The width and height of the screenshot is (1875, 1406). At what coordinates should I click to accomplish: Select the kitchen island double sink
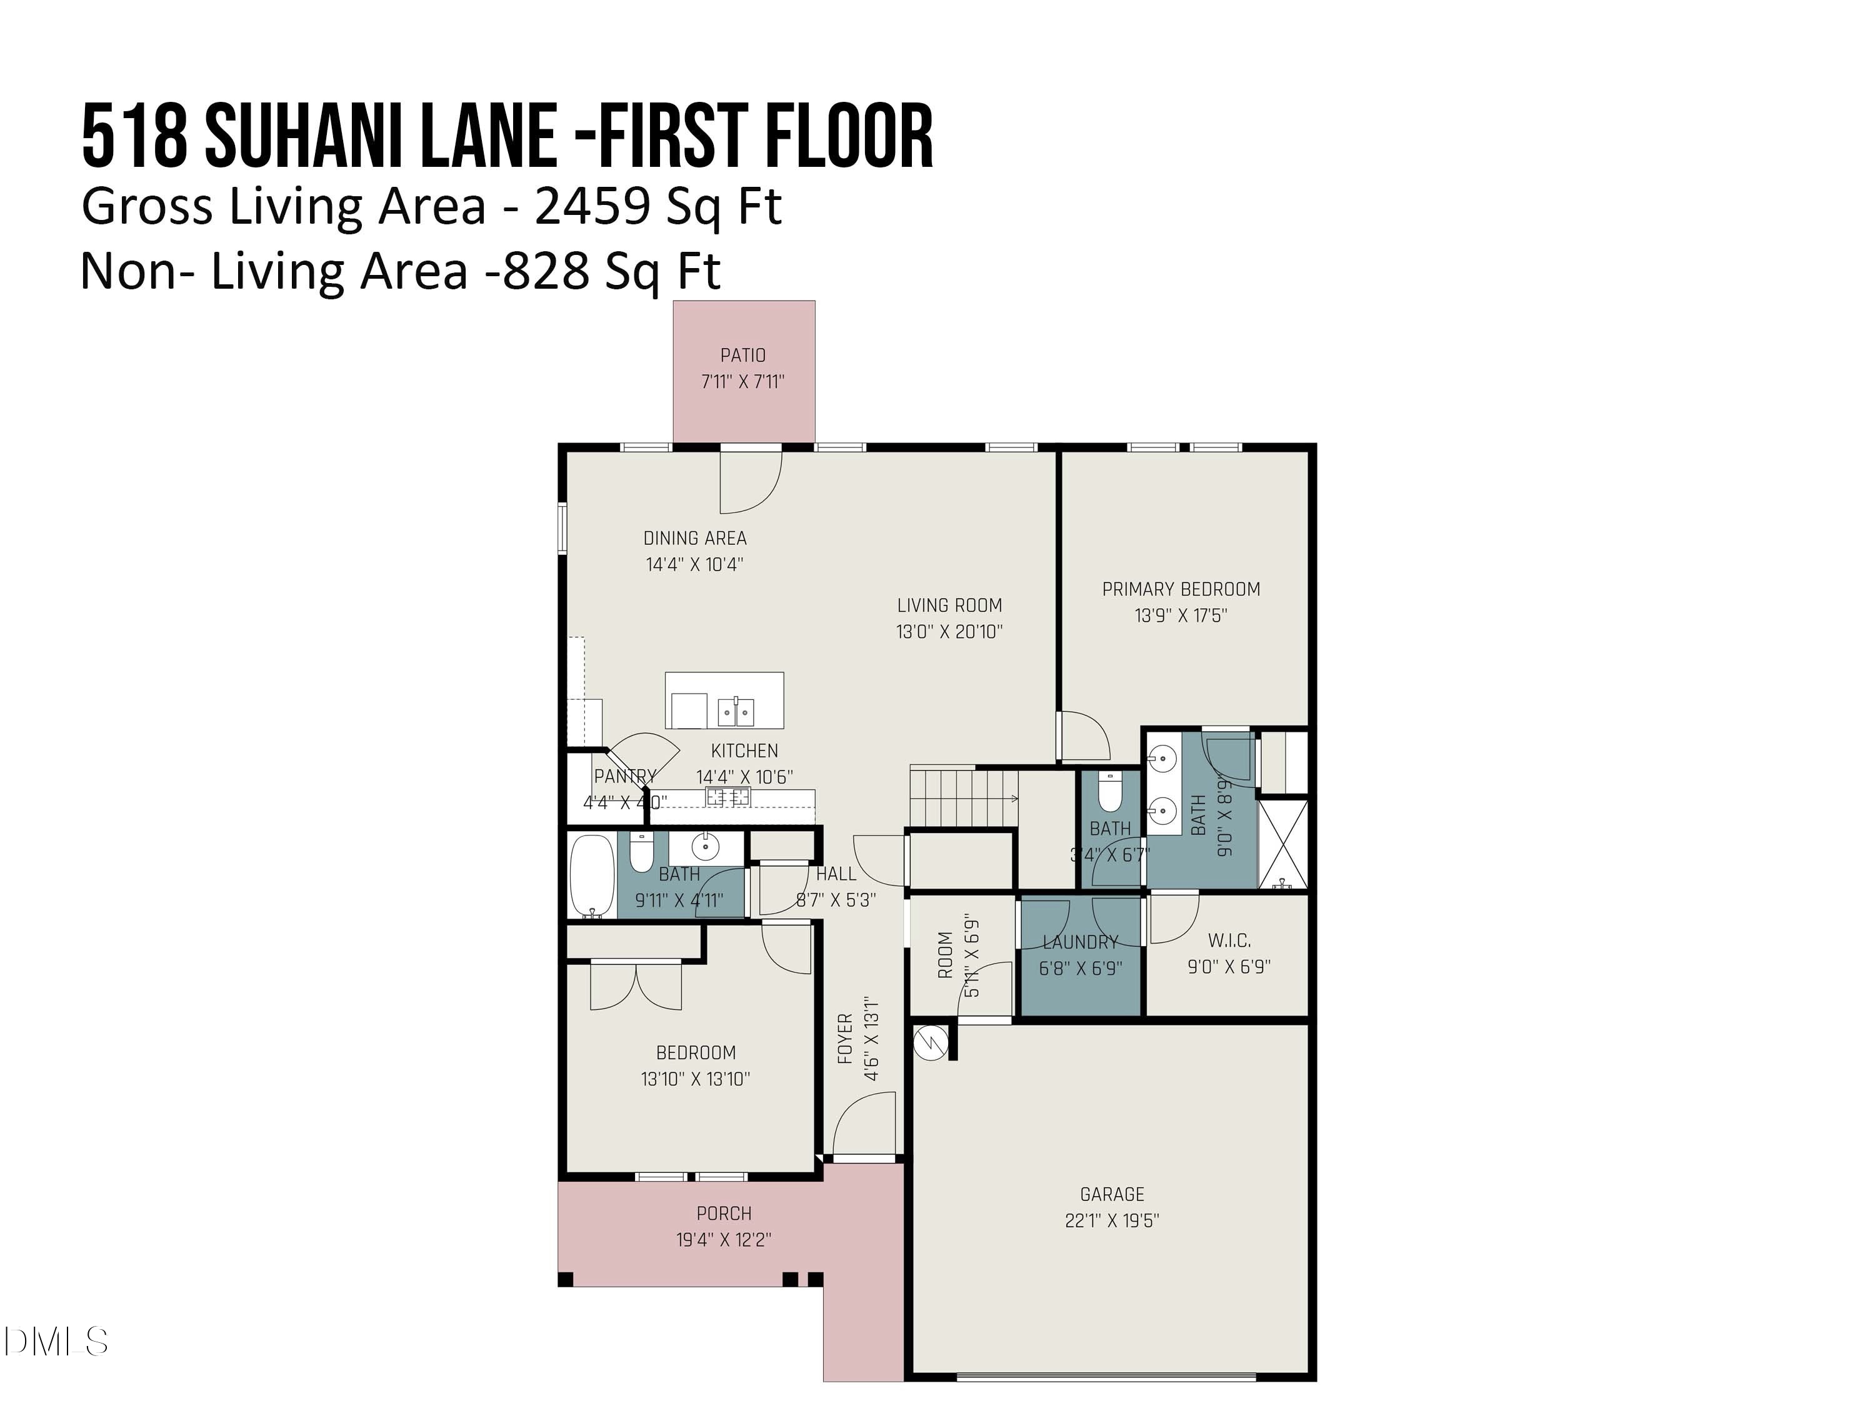pyautogui.click(x=735, y=712)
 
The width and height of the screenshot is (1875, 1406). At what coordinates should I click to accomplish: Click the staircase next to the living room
pyautogui.click(x=963, y=797)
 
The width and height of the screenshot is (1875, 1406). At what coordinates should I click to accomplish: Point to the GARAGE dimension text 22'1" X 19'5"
pyautogui.click(x=1111, y=1220)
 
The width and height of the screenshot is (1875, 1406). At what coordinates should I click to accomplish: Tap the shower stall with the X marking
pyautogui.click(x=1282, y=844)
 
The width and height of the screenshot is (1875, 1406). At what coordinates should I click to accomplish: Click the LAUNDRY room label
pyautogui.click(x=1080, y=942)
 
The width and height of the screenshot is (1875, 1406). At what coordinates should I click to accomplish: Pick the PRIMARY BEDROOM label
pyautogui.click(x=1180, y=589)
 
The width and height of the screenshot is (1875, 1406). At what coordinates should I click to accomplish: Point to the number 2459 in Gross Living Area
pyautogui.click(x=593, y=206)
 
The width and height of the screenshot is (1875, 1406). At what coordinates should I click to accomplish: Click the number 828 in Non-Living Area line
pyautogui.click(x=546, y=272)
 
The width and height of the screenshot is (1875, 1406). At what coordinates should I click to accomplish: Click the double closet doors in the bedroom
pyautogui.click(x=636, y=987)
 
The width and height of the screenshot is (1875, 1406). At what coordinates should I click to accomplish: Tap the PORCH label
pyautogui.click(x=723, y=1214)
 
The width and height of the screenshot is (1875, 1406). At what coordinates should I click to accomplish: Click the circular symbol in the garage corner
pyautogui.click(x=930, y=1042)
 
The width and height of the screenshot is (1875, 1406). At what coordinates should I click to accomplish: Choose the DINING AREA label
pyautogui.click(x=694, y=538)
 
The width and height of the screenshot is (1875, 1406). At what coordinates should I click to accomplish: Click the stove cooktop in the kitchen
pyautogui.click(x=728, y=796)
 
